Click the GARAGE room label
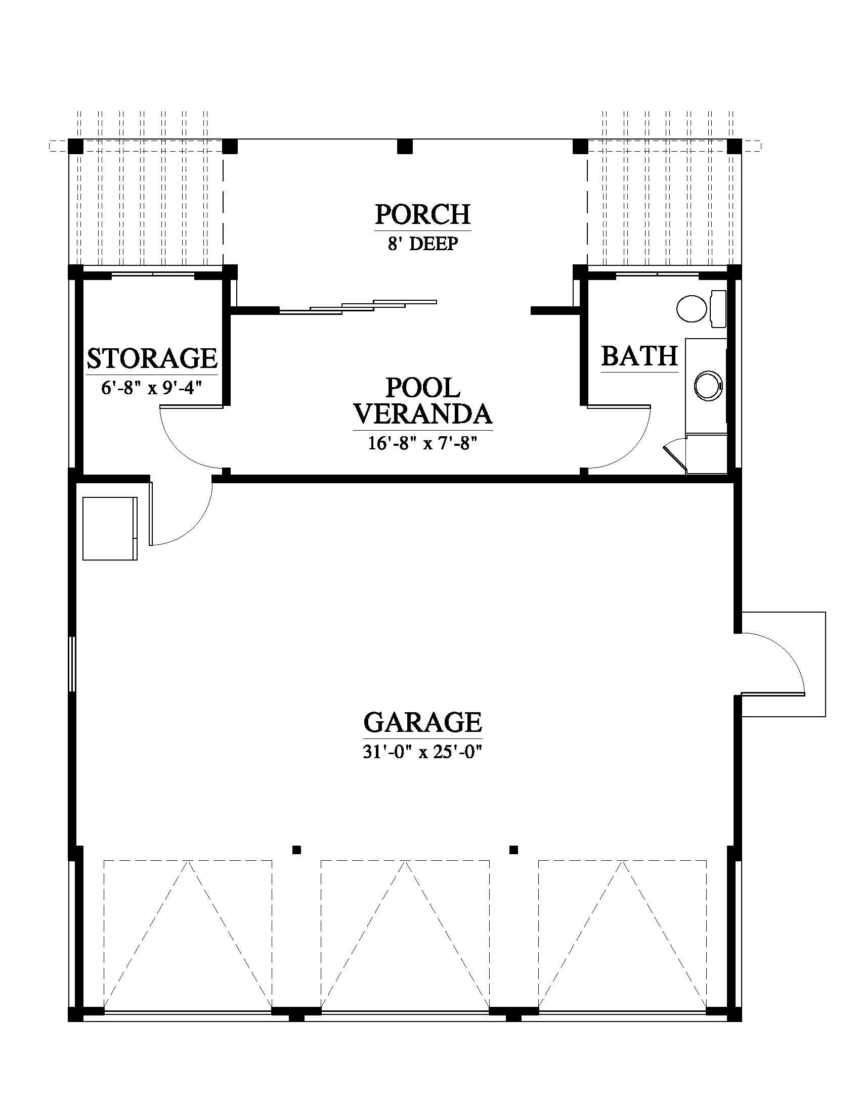click(x=422, y=722)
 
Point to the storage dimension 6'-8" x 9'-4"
click(x=152, y=388)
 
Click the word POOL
click(x=423, y=388)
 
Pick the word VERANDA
click(x=423, y=414)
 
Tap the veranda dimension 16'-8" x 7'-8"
click(x=423, y=443)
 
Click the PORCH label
click(x=423, y=214)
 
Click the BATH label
click(x=640, y=356)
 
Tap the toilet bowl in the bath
click(x=692, y=308)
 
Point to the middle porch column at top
click(x=405, y=147)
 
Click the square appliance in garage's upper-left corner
click(x=110, y=529)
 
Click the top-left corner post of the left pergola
click(x=75, y=147)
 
